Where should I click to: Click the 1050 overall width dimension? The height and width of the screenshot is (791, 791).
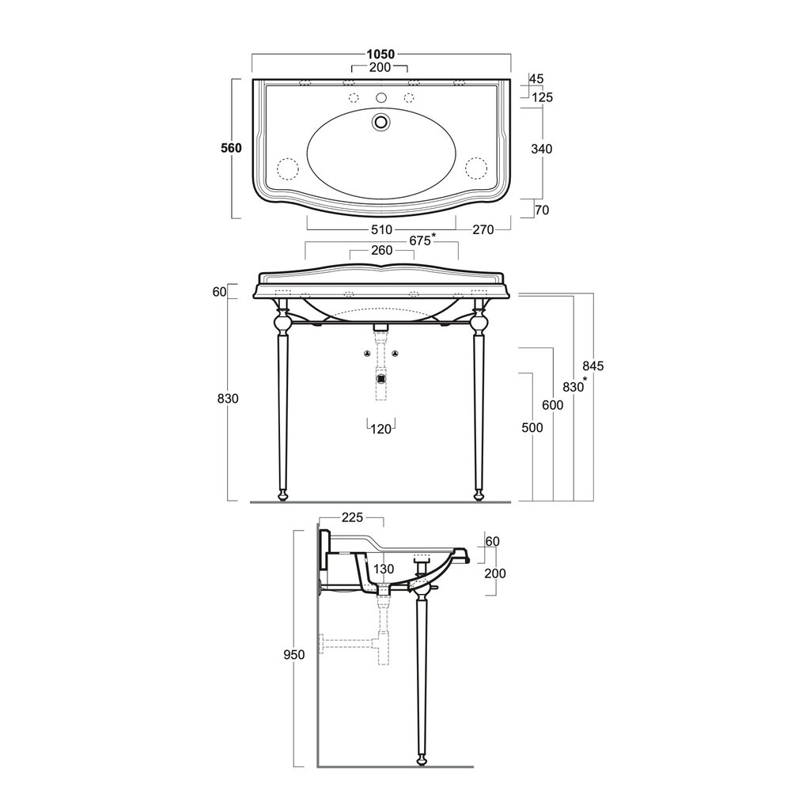380,54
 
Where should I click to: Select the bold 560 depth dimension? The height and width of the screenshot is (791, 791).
232,148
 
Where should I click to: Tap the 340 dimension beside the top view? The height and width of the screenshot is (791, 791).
542,149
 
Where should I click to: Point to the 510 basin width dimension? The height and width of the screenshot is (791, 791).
381,230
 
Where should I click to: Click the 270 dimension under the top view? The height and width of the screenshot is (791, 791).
483,230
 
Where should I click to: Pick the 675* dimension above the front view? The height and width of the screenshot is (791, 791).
422,240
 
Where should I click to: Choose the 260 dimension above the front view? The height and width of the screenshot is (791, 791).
382,250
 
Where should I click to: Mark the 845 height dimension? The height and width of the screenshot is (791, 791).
593,365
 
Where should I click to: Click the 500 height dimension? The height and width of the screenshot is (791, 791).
532,428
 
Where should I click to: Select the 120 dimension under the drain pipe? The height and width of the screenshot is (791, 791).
381,430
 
